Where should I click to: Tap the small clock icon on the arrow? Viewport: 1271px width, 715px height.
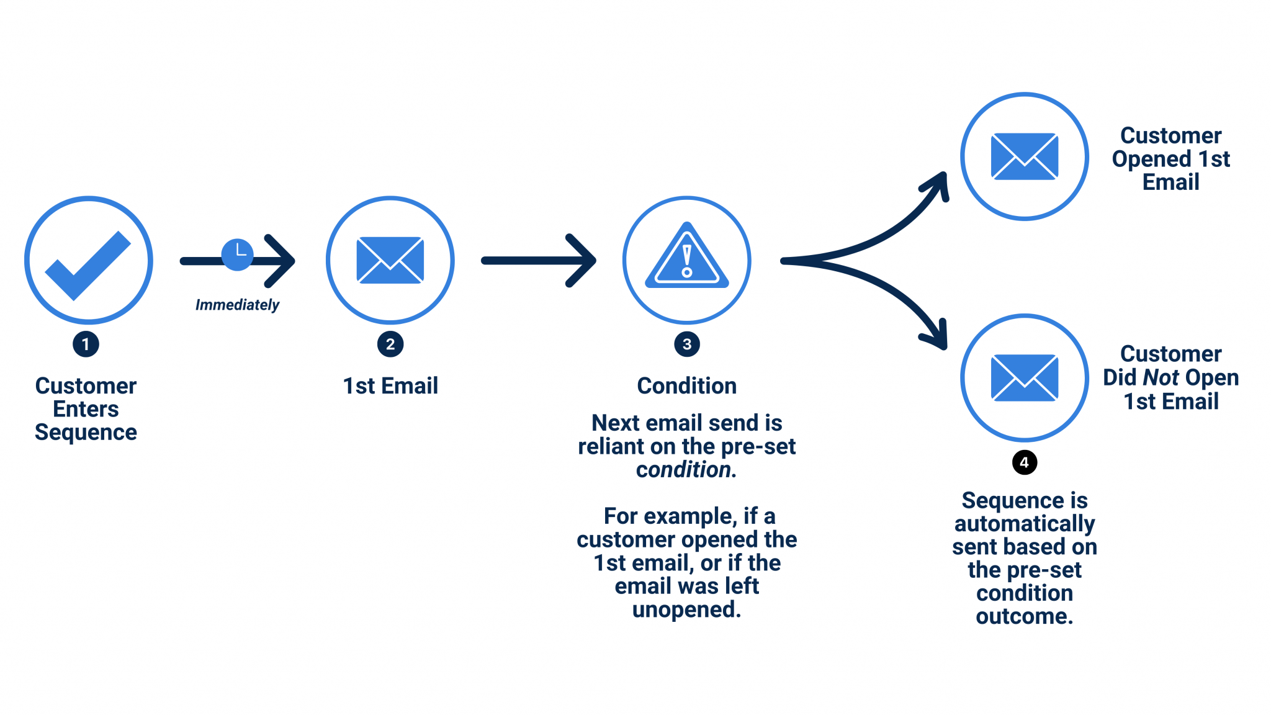click(237, 254)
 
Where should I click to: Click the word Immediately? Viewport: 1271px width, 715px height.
click(237, 305)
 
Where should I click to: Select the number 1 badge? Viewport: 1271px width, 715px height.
click(86, 344)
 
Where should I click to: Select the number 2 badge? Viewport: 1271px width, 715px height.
click(390, 344)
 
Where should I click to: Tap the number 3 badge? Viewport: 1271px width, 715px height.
click(687, 344)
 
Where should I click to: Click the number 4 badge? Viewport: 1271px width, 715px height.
click(1025, 462)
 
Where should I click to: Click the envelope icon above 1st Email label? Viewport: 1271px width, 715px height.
click(390, 260)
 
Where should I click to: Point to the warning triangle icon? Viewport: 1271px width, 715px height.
click(687, 258)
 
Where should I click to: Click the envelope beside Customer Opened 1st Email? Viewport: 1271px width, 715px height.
click(1025, 156)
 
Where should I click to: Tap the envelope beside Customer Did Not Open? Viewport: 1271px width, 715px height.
click(1025, 377)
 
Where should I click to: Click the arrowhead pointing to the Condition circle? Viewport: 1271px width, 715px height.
click(583, 261)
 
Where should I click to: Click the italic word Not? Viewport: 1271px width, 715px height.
click(1161, 377)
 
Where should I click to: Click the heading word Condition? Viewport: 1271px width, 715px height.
click(687, 386)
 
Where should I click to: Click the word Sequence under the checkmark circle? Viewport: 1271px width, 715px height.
click(86, 433)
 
